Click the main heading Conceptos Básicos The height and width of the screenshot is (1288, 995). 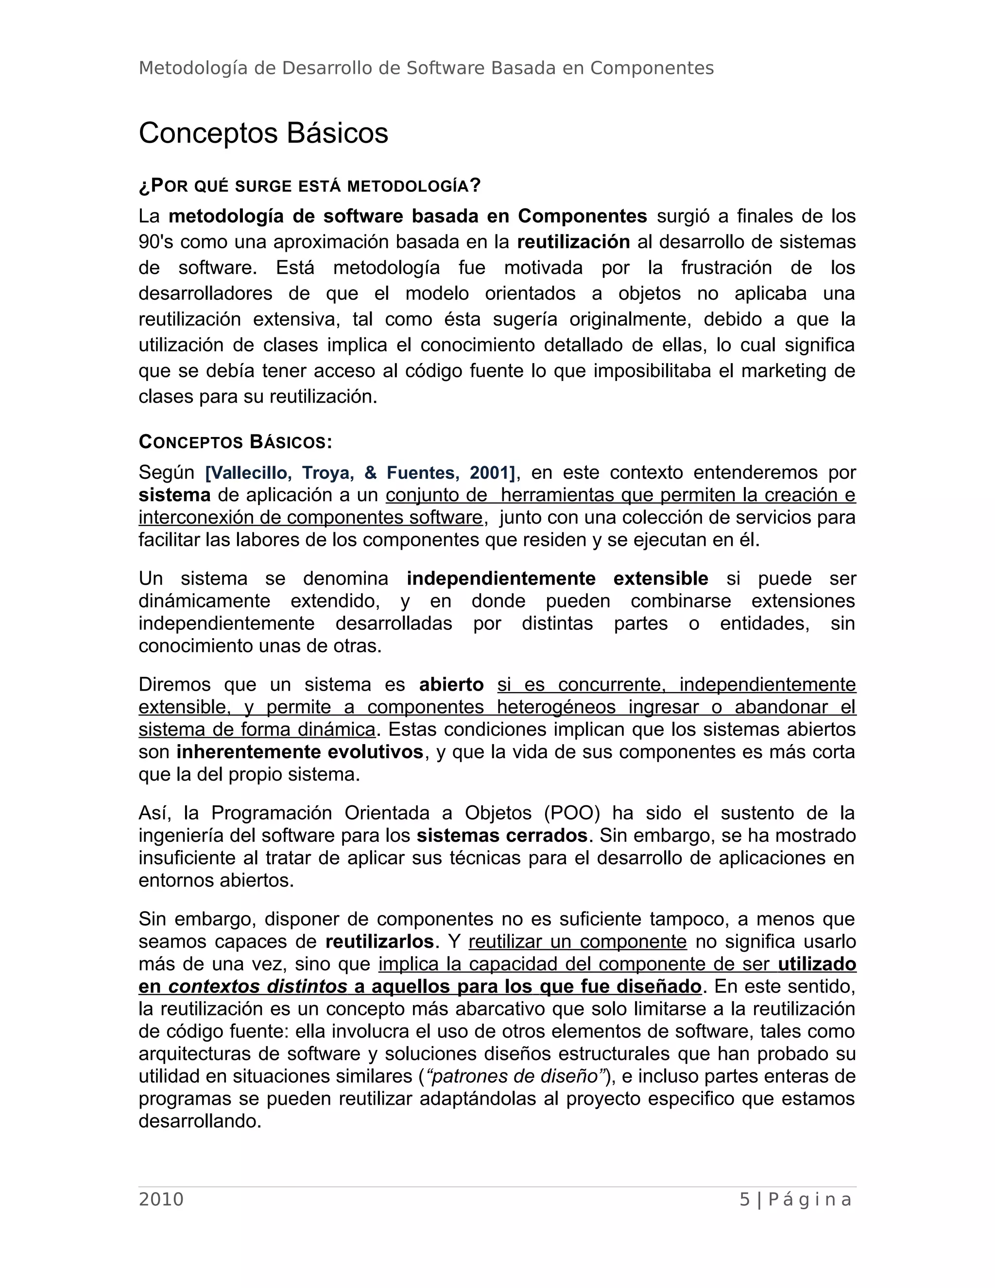click(x=263, y=133)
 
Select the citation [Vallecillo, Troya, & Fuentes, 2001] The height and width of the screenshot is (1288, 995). click(x=360, y=472)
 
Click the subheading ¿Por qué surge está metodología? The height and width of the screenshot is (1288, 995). click(x=309, y=186)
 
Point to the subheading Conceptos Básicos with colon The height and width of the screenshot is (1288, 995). click(x=235, y=442)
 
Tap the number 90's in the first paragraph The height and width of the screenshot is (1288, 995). click(x=155, y=242)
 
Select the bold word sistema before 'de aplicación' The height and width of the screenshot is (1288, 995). click(x=174, y=495)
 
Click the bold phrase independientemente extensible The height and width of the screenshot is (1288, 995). click(x=557, y=578)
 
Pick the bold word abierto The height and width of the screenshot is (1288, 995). click(x=451, y=685)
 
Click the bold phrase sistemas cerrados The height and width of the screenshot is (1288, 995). click(x=501, y=835)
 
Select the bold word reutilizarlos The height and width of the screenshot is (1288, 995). click(x=379, y=942)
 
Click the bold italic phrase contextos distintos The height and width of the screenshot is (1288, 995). click(x=257, y=987)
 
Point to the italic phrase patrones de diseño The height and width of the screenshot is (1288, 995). click(x=514, y=1076)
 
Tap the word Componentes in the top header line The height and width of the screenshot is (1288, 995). click(x=652, y=69)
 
